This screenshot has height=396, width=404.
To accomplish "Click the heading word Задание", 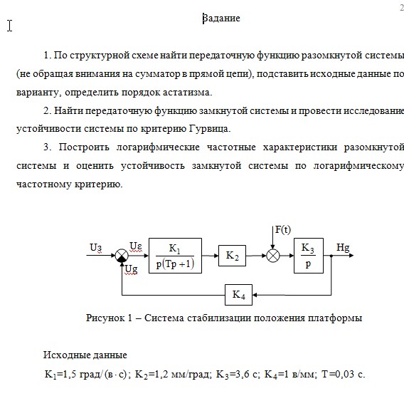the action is pyautogui.click(x=221, y=19).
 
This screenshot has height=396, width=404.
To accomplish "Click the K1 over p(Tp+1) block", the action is pyautogui.click(x=175, y=256).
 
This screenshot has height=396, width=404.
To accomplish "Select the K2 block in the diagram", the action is pyautogui.click(x=232, y=256).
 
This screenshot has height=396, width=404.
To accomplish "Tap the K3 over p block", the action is pyautogui.click(x=309, y=256).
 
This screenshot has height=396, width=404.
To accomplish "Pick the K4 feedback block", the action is pyautogui.click(x=238, y=295).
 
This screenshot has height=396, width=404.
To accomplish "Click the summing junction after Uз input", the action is pyautogui.click(x=122, y=256).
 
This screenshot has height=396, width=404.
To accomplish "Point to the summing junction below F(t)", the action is pyautogui.click(x=273, y=256).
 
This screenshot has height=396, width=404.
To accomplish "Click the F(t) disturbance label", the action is pyautogui.click(x=283, y=229).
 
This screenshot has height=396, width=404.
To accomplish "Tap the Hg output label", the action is pyautogui.click(x=343, y=247).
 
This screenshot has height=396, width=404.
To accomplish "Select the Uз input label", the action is pyautogui.click(x=95, y=247).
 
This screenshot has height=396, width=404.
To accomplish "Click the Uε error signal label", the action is pyautogui.click(x=136, y=246).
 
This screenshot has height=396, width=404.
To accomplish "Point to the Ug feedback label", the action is pyautogui.click(x=131, y=269).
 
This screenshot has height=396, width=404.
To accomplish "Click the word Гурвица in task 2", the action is pyautogui.click(x=209, y=128).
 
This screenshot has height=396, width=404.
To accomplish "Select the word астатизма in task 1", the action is pyautogui.click(x=187, y=92).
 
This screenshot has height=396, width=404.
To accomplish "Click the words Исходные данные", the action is pyautogui.click(x=85, y=355).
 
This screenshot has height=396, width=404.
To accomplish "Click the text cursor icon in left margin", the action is pyautogui.click(x=9, y=26).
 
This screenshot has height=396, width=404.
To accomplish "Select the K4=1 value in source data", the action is pyautogui.click(x=277, y=374).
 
